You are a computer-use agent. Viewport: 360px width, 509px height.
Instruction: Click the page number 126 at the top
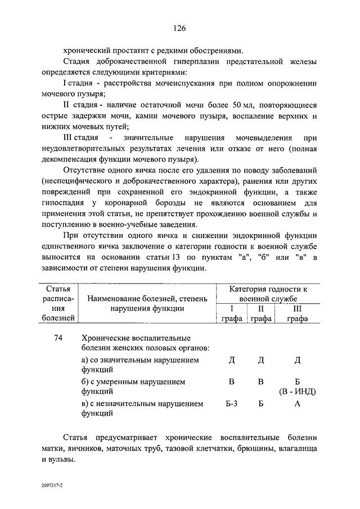(179, 28)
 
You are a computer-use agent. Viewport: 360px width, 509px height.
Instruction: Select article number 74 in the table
(58, 339)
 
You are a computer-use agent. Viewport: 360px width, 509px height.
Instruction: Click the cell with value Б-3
(231, 403)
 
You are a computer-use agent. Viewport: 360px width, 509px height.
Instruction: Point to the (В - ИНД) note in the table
(298, 391)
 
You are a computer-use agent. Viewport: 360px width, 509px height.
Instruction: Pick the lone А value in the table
(298, 403)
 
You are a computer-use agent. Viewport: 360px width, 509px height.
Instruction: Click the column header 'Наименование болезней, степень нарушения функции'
(146, 303)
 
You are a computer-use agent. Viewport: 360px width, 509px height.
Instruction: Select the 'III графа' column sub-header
(297, 313)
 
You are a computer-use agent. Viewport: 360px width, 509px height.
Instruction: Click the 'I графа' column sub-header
(231, 313)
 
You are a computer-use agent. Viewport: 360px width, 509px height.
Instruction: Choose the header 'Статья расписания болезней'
(58, 303)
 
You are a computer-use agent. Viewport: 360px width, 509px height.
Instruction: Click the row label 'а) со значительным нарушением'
(139, 360)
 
